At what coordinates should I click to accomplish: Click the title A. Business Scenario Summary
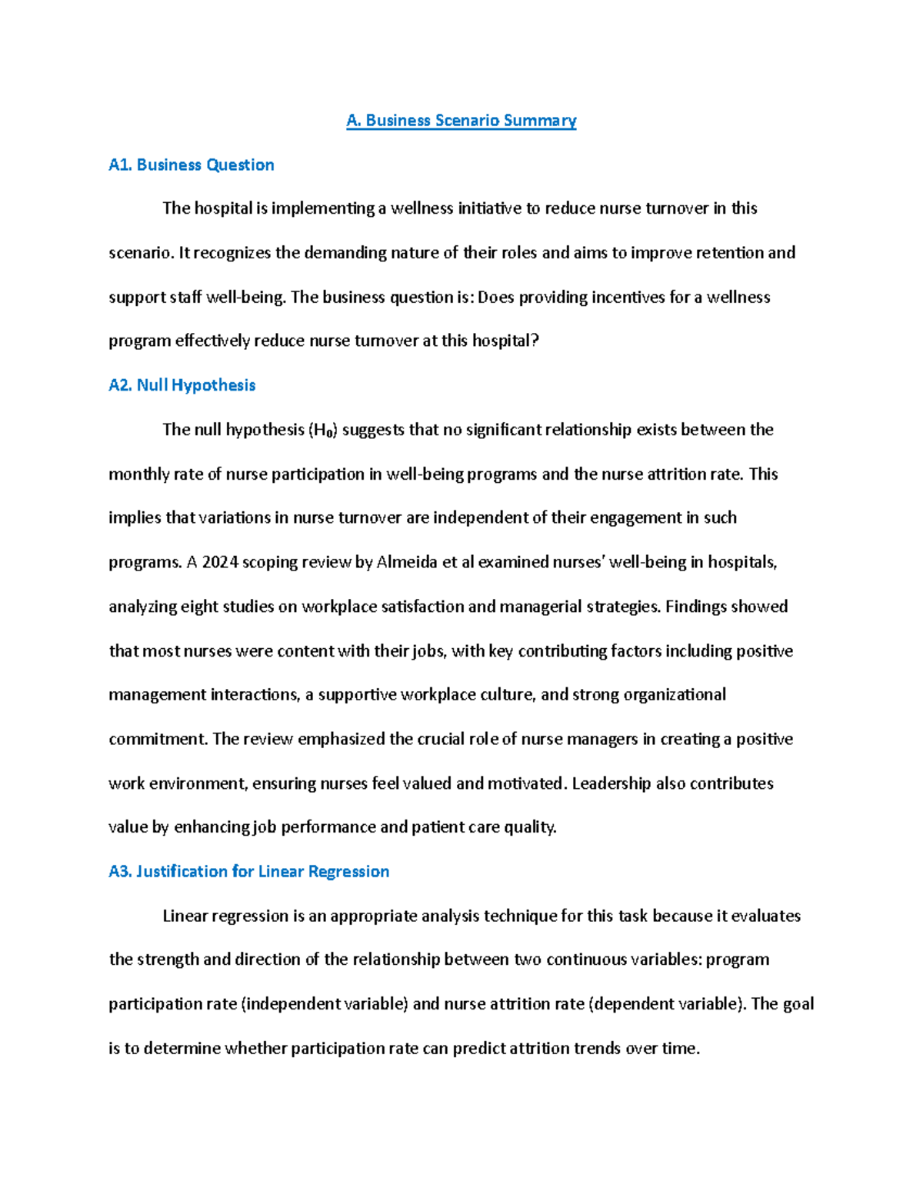461,121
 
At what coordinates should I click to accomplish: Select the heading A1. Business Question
191,165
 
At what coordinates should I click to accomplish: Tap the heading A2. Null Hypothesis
182,385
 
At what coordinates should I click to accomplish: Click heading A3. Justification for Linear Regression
248,871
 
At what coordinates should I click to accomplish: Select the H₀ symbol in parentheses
322,430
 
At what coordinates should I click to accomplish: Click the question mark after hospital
536,341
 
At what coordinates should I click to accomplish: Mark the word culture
506,695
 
